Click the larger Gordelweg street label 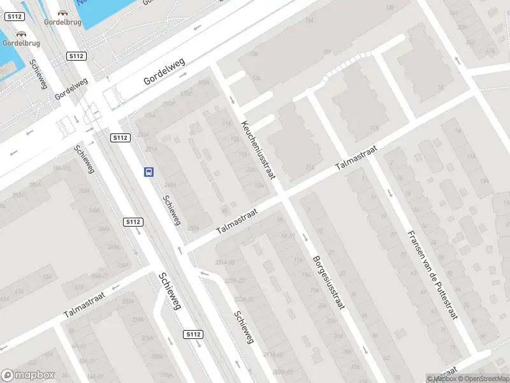(x=164, y=71)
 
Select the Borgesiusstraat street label (x=328, y=282)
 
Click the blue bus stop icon (x=149, y=172)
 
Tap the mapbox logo (x=27, y=375)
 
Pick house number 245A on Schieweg (x=170, y=184)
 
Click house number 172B (x=186, y=94)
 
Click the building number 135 (x=390, y=8)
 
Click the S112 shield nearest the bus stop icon (x=120, y=138)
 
